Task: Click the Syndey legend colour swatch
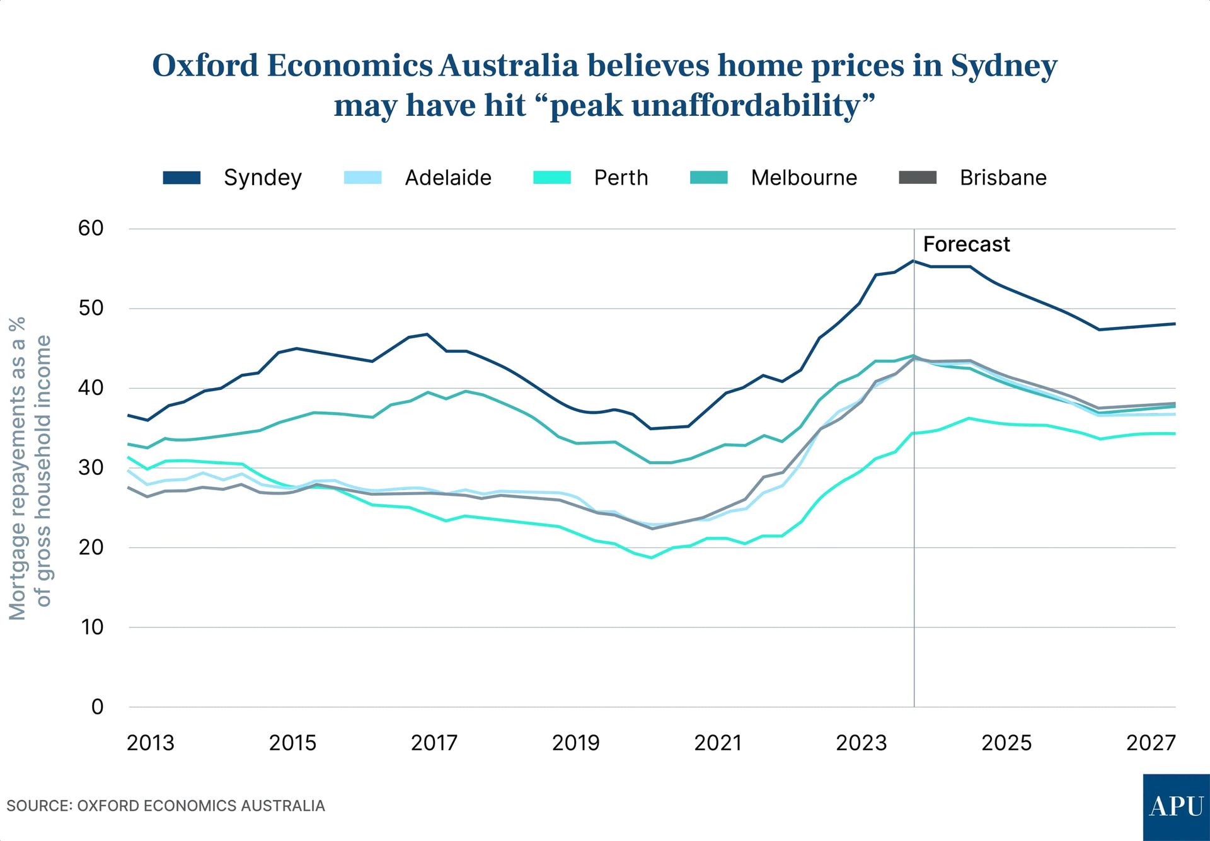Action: tap(181, 178)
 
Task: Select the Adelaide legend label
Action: tap(447, 178)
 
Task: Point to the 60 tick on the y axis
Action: tap(91, 228)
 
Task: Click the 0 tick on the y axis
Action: tap(97, 707)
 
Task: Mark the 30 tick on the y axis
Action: tap(91, 467)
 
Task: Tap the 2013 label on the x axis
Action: tap(150, 743)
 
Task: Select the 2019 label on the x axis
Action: tap(575, 743)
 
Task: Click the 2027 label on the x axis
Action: tap(1151, 743)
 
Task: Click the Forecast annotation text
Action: tap(966, 244)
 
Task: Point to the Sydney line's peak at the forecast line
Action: tap(913, 261)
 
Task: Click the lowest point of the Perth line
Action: tap(651, 558)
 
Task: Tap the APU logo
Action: tap(1176, 807)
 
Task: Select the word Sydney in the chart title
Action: tap(1003, 66)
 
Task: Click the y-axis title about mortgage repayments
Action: tap(29, 467)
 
